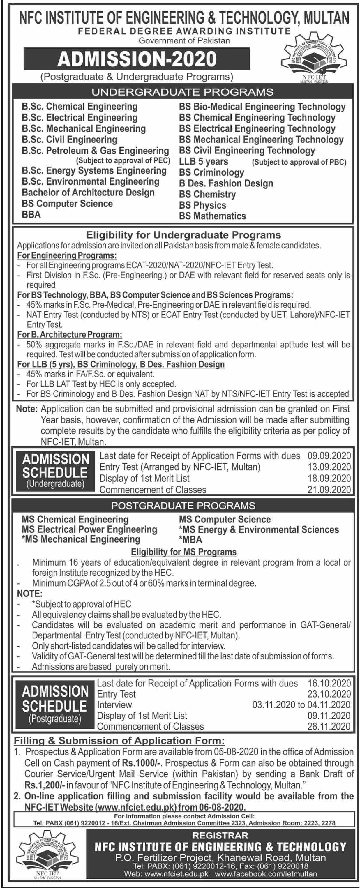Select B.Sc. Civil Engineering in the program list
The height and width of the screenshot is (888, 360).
(69, 140)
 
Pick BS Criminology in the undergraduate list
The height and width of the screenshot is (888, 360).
(211, 172)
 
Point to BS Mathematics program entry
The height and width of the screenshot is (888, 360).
(212, 216)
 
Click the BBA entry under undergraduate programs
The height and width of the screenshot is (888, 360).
(31, 214)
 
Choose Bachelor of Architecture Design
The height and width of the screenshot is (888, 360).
(88, 192)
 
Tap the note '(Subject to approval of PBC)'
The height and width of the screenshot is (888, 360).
(299, 162)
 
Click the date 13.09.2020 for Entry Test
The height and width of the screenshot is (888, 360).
(329, 467)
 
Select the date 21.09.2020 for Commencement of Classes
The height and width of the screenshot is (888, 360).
(329, 490)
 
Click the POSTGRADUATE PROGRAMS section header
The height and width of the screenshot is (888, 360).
(183, 506)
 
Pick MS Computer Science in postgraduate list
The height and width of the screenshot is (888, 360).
(225, 520)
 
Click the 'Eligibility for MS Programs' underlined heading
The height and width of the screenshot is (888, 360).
(183, 552)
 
